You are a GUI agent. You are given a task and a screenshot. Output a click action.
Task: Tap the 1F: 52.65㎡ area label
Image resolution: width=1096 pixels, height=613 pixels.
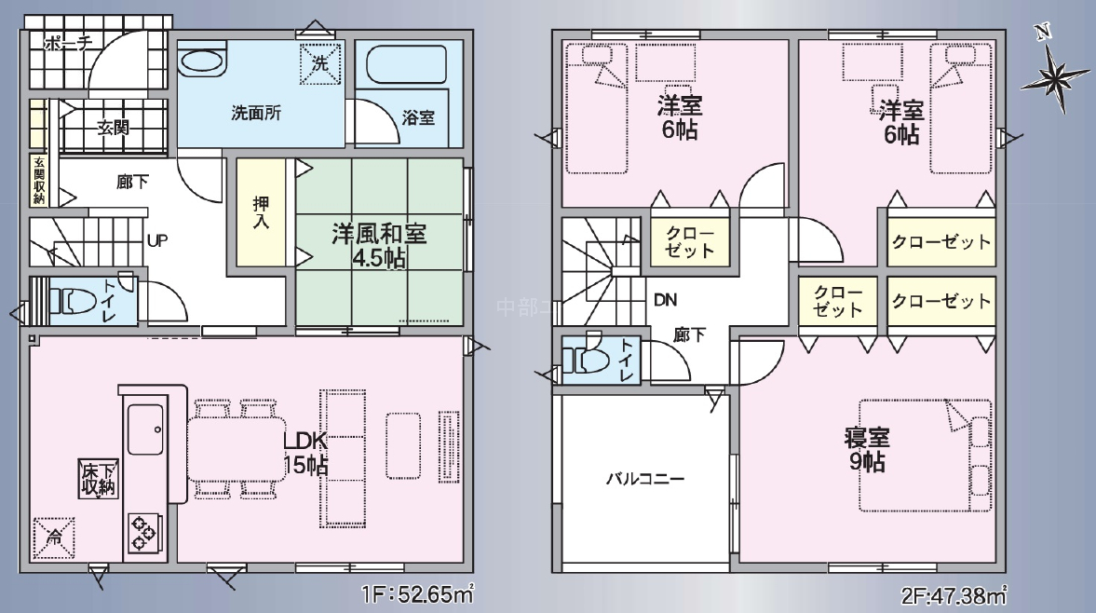tap(418, 594)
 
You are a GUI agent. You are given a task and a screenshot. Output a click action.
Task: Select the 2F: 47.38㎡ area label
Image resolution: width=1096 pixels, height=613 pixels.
tap(954, 595)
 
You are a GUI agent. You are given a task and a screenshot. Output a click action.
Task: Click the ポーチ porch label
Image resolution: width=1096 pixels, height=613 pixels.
tap(68, 44)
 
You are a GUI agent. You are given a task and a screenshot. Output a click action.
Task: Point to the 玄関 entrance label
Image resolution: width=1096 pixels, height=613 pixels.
tap(114, 128)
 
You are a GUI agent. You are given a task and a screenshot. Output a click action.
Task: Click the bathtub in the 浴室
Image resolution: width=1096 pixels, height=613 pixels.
tap(406, 66)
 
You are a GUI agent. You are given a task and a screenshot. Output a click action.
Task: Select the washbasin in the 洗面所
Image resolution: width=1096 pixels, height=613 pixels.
tap(203, 62)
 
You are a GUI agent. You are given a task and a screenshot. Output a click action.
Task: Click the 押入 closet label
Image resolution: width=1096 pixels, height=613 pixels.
tap(261, 212)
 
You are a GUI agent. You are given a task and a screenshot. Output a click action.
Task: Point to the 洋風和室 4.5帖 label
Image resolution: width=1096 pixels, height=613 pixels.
tap(379, 245)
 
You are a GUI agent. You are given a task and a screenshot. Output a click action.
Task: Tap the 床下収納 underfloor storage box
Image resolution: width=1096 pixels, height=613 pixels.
tap(98, 479)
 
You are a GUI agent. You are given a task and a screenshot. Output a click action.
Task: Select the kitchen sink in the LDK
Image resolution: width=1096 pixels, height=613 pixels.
tap(146, 429)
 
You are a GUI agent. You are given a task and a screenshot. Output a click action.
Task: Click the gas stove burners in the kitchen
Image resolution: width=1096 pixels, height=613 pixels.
tap(144, 533)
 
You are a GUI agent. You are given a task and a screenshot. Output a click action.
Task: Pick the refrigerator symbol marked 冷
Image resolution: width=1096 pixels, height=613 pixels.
tap(53, 538)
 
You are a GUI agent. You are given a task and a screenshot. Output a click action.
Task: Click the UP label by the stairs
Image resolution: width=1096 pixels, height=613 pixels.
tap(157, 240)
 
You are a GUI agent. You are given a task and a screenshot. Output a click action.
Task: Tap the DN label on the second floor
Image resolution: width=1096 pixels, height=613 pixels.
tap(665, 300)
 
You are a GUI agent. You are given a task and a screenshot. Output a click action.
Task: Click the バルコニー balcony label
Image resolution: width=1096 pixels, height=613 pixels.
tap(645, 479)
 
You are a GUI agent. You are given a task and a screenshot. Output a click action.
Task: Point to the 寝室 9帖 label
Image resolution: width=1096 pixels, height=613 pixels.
tap(867, 449)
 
